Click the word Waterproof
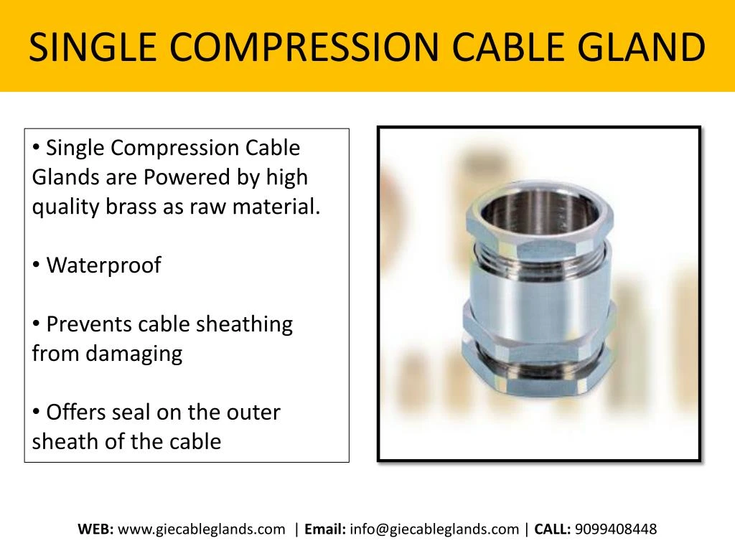[x=103, y=265]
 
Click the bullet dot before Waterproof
[x=37, y=265]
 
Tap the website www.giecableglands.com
[x=201, y=529]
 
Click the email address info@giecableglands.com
[x=435, y=529]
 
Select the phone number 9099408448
[x=616, y=529]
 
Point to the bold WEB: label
[x=95, y=529]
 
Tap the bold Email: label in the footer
[x=325, y=529]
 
